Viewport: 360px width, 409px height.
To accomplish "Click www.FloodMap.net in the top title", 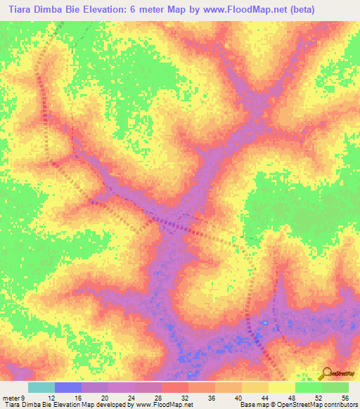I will coord(242,9).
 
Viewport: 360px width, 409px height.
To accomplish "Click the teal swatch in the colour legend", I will coord(41,387).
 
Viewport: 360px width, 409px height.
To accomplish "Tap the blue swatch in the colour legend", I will coord(68,387).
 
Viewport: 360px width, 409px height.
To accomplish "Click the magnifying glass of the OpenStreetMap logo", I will coord(328,372).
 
